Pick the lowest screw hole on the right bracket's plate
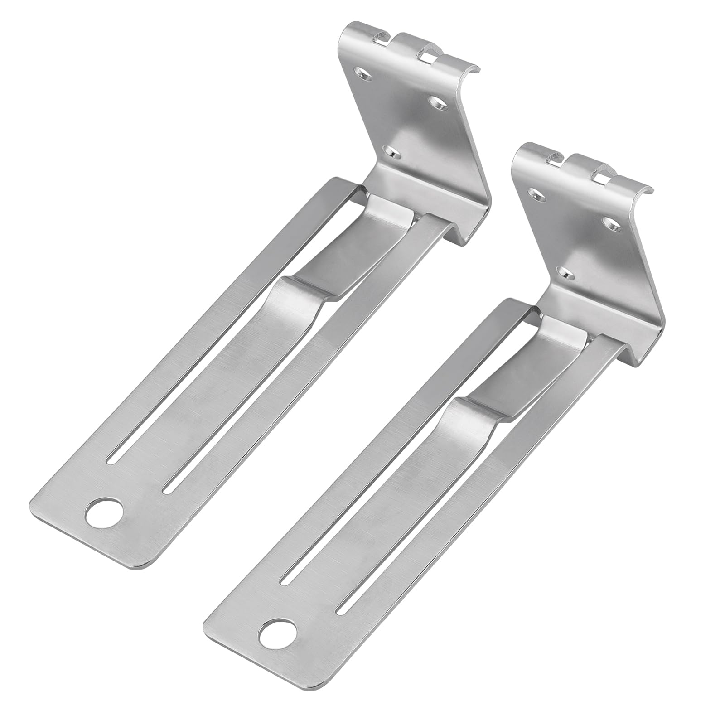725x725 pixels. [x=565, y=273]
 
